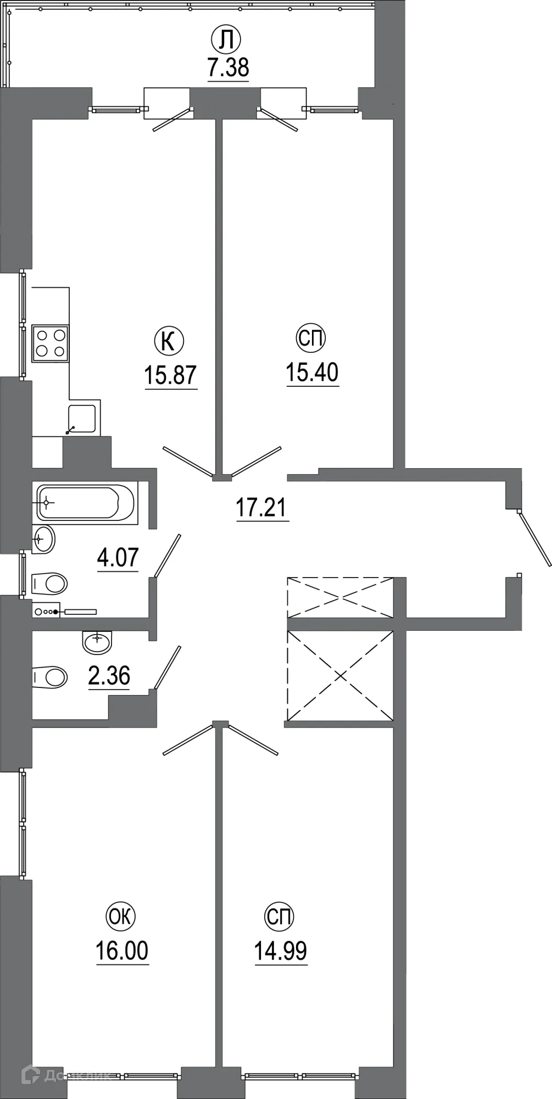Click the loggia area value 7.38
tap(228, 68)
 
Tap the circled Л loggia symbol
tap(226, 39)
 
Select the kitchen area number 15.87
tap(170, 375)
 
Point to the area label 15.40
tap(312, 373)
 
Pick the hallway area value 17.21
tap(261, 507)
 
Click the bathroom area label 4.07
tap(118, 558)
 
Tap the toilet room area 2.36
tap(109, 676)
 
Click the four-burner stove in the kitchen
tap(51, 343)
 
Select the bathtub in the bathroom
tap(85, 502)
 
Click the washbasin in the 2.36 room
tap(97, 641)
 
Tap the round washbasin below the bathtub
tap(44, 539)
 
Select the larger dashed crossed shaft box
tap(341, 675)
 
